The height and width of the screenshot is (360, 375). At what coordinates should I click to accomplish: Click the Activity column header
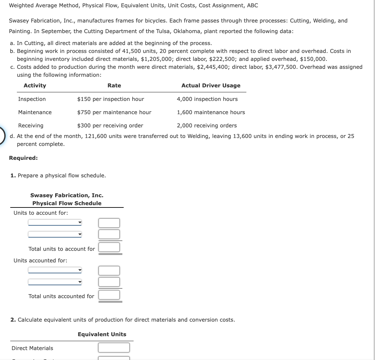click(35, 85)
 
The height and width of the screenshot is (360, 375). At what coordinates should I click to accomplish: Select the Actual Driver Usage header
click(211, 85)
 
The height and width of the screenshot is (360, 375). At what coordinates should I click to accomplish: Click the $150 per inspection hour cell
click(110, 99)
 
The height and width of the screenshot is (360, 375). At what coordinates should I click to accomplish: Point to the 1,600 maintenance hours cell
click(211, 112)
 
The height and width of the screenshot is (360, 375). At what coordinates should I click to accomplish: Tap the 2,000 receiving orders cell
click(207, 125)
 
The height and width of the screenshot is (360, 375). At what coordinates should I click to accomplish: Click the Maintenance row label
click(35, 112)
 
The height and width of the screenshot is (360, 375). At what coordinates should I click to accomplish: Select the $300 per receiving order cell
click(110, 125)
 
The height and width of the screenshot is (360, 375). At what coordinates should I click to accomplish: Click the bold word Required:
click(23, 158)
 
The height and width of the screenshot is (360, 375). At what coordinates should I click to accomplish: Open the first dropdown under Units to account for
click(55, 223)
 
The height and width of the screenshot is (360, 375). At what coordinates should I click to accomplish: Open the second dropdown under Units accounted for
click(55, 282)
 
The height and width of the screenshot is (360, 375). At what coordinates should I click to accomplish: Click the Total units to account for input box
click(109, 247)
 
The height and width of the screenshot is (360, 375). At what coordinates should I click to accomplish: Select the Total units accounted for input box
click(109, 294)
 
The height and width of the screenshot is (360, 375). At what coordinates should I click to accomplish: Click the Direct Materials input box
click(114, 347)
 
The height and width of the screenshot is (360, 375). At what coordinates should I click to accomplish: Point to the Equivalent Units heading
click(102, 334)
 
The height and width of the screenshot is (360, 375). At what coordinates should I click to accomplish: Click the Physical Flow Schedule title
click(67, 203)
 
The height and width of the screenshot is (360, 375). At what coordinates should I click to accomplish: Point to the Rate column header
click(114, 85)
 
